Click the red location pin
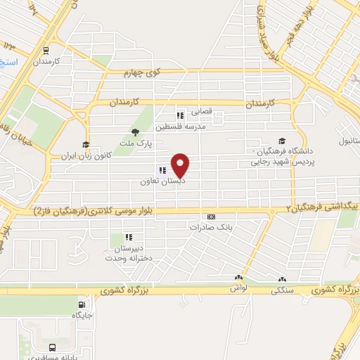pos(181,166)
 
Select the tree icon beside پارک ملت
pos(136,132)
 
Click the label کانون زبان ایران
pos(86,155)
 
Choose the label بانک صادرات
pos(210,227)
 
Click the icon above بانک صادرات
pos(210,217)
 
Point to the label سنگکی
pos(283,288)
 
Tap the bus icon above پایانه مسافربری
pos(53,347)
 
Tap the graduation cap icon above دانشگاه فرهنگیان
pos(282,141)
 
